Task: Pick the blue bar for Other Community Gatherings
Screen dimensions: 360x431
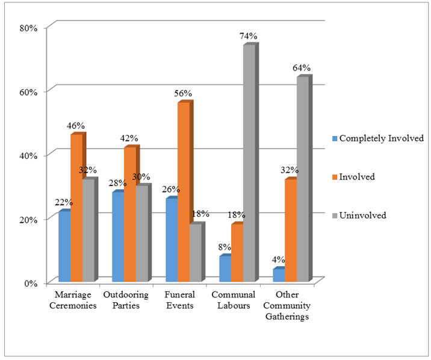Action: coord(279,275)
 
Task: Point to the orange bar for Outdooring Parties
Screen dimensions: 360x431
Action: coord(129,214)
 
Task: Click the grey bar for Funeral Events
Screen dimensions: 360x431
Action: coord(196,252)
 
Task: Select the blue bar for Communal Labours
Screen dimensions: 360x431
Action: coord(225,268)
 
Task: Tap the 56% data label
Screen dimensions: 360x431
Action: coord(183,93)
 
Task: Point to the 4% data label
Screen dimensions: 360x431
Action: coord(279,260)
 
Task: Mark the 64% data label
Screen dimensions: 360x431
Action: coord(302,68)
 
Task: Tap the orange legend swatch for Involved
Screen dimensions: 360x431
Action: coord(335,177)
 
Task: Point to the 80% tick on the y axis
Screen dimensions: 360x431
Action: coord(29,28)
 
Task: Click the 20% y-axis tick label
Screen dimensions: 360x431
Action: coord(29,219)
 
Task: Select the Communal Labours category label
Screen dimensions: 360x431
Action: coord(234,300)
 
